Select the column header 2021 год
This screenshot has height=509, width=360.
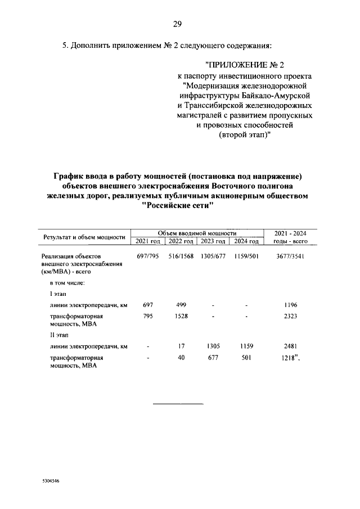point(148,241)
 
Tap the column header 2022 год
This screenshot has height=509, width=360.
point(181,241)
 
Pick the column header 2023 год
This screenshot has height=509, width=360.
point(213,241)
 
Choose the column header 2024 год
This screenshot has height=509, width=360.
point(246,241)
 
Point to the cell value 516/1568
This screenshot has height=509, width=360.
point(181,256)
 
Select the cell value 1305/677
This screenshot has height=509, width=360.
point(213,256)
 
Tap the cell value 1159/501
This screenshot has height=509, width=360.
point(246,256)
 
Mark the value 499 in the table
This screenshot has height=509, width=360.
point(181,305)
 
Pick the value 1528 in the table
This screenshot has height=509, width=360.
point(181,317)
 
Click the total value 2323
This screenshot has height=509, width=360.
point(291,317)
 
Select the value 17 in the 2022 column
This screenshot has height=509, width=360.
point(181,346)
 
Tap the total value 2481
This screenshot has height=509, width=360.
point(291,346)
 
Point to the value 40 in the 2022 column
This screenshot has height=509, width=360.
point(181,358)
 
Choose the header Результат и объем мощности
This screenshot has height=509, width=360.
point(84,237)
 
